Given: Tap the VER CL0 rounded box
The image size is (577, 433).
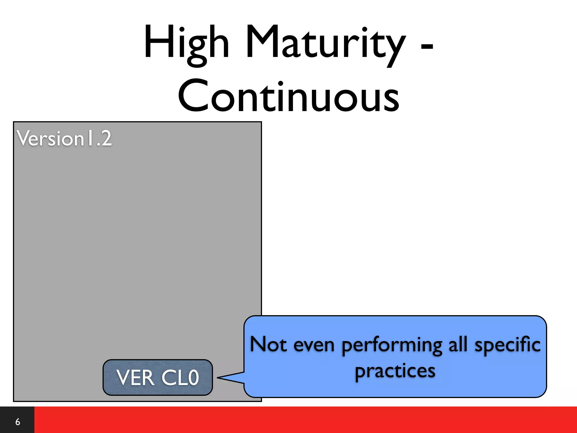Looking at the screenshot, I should [157, 377].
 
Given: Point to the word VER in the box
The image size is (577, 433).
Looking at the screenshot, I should [135, 378].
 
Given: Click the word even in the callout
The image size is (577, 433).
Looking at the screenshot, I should [314, 345].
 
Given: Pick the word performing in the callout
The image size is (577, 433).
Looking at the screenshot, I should [392, 346].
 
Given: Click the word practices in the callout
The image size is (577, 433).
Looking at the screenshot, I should [395, 371].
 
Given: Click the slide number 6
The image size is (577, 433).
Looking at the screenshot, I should [17, 422].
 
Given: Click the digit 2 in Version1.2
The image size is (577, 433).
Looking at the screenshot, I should [106, 139].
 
